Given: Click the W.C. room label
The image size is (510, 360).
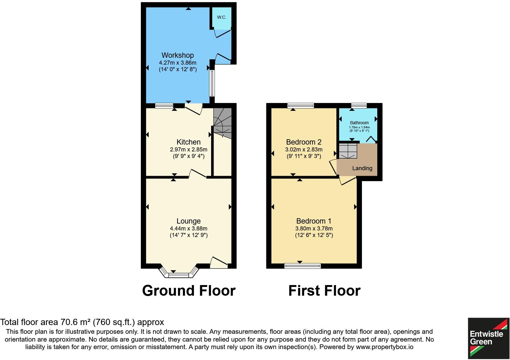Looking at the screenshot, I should pos(221,17).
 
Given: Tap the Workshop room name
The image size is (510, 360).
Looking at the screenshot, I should pos(177,55).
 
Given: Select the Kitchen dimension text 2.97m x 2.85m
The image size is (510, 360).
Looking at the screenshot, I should pos(189,149).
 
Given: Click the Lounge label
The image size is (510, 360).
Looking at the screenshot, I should pos(188,221).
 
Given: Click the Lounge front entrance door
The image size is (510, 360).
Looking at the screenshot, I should pos(219,263).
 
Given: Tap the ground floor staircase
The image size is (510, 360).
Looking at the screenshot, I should pos(222,123).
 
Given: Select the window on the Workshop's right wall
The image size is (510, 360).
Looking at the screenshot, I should pos(212,83).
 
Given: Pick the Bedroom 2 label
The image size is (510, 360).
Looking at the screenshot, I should pos(304,142).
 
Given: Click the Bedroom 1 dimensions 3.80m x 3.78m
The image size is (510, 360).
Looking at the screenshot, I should pos(314,229).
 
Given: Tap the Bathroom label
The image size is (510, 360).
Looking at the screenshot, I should pos(359,123).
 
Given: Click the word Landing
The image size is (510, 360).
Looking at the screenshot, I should pos(362,168).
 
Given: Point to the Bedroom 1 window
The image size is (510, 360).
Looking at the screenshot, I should pos(302,266).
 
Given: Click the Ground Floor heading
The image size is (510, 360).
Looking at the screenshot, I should pos(189,290).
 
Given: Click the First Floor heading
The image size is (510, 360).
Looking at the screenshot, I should pos(324,290).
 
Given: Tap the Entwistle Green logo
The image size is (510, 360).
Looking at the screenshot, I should pos(488,338).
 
